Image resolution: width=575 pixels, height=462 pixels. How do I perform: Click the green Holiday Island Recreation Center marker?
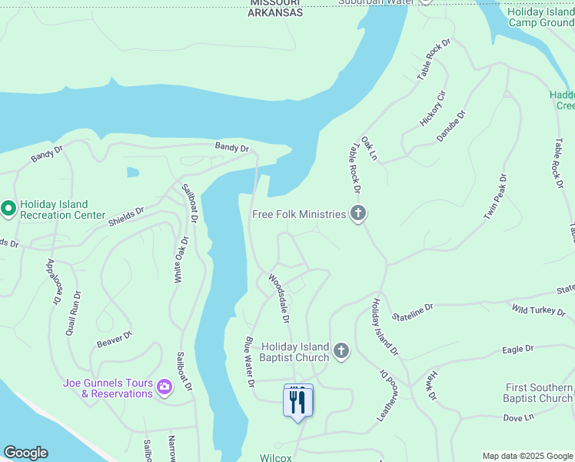pos(8,209)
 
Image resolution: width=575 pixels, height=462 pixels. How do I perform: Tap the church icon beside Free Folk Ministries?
pos(357,214)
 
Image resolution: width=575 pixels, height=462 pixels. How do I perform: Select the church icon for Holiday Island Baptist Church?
pos(341,352)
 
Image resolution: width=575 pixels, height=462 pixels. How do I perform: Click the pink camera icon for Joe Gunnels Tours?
pos(164,387)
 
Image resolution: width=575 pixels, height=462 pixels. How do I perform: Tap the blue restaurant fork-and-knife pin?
pos(298,401)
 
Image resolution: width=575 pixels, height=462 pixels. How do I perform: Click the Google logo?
pos(25,453)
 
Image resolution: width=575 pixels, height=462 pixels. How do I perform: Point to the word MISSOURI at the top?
pos(275,3)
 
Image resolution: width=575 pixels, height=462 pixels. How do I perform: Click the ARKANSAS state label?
pos(275,13)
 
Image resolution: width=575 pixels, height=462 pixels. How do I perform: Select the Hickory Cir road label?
pos(433,109)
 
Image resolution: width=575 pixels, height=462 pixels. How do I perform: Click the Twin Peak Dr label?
pos(496,198)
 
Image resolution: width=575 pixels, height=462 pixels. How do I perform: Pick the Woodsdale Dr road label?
pos(279,298)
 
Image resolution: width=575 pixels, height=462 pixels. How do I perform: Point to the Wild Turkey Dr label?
pos(539,310)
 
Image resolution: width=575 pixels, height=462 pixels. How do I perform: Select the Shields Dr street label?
pos(126,216)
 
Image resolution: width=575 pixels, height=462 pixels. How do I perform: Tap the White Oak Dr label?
pos(178,261)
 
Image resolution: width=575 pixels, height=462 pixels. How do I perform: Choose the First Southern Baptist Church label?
pos(538,393)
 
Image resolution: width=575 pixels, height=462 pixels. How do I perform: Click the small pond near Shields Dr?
pos(133,172)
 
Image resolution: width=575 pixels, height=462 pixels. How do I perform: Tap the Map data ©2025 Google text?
pos(527,456)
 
